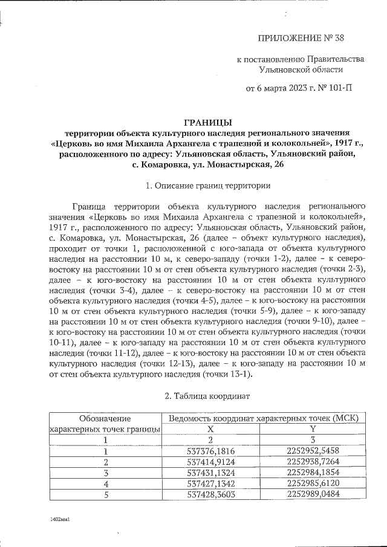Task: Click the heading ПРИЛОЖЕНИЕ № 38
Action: click(301, 39)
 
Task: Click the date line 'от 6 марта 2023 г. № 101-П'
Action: click(299, 89)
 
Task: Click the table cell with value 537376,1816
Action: click(212, 451)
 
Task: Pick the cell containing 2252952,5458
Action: click(314, 451)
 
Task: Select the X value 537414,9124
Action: click(212, 462)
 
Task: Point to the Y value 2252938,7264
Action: click(314, 462)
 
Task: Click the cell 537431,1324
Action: click(212, 473)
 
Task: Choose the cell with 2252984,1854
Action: click(314, 473)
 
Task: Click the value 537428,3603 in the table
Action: click(212, 494)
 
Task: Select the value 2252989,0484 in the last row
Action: click(314, 494)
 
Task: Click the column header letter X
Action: click(212, 429)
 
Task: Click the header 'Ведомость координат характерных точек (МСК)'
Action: click(263, 418)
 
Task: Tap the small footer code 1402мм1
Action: click(61, 519)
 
